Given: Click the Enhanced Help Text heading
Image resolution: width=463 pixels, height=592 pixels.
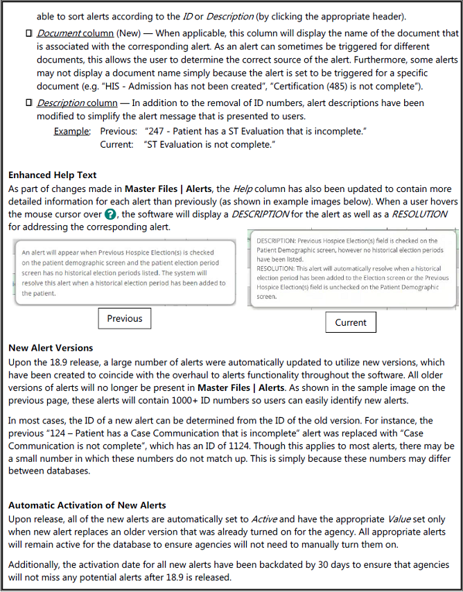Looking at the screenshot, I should click(x=53, y=175).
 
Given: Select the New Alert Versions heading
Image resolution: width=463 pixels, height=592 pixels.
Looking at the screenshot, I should click(x=51, y=348).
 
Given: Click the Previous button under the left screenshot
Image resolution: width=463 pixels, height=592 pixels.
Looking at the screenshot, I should click(x=125, y=319).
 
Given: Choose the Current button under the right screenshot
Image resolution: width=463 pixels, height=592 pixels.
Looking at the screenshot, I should click(x=351, y=322).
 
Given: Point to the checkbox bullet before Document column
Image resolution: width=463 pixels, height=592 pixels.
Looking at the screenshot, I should click(x=28, y=33).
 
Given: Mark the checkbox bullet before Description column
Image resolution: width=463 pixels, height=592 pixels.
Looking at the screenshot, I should click(x=28, y=103).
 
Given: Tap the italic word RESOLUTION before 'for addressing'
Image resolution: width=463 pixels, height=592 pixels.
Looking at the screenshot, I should click(x=419, y=215).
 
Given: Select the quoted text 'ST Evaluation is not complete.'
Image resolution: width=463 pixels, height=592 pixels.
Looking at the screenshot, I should click(x=210, y=144).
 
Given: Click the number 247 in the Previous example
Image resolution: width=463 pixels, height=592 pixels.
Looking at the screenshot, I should click(x=155, y=131).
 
